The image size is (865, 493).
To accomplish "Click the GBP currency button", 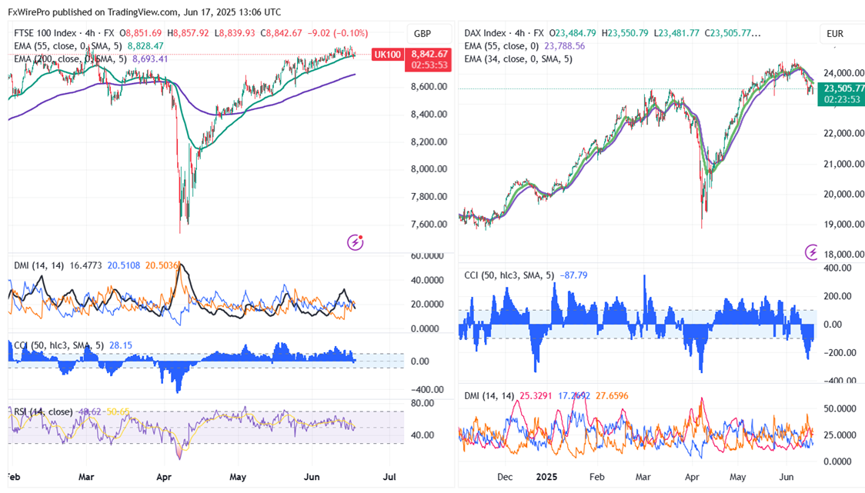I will pyautogui.click(x=422, y=34).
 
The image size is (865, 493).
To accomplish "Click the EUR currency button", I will pyautogui.click(x=835, y=34).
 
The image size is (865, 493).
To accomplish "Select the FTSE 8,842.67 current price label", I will pyautogui.click(x=429, y=54).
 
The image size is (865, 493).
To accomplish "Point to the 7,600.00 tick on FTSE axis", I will pyautogui.click(x=428, y=225).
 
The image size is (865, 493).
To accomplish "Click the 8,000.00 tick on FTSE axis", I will pyautogui.click(x=428, y=169).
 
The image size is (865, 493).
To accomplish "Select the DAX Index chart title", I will pyautogui.click(x=486, y=33).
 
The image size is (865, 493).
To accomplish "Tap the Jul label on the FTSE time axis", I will pyautogui.click(x=389, y=477).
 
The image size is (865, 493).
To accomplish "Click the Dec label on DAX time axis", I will pyautogui.click(x=504, y=477).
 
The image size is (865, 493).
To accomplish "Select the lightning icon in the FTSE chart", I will pyautogui.click(x=356, y=242).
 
